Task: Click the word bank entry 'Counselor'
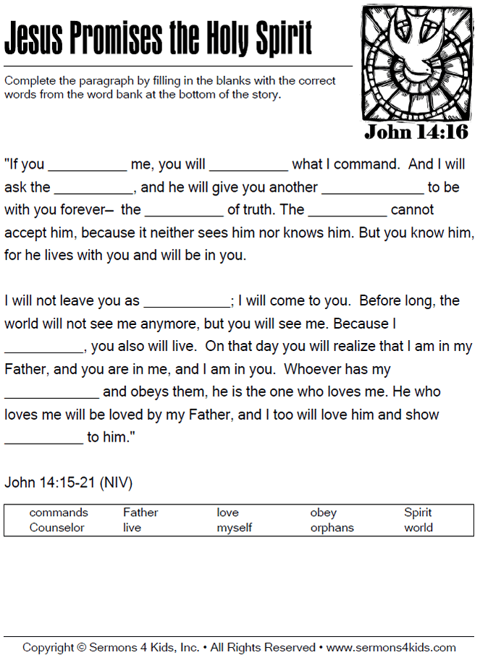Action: (x=56, y=528)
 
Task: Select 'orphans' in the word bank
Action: (x=332, y=528)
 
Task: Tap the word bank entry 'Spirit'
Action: (x=418, y=512)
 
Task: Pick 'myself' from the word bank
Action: (x=234, y=528)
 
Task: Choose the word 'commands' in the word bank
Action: (x=59, y=512)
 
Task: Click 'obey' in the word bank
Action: (x=323, y=512)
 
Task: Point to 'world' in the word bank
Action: (x=418, y=528)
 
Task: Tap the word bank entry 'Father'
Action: (x=140, y=512)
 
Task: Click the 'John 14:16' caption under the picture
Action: (x=416, y=132)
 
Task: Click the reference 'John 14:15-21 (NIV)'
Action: (x=69, y=482)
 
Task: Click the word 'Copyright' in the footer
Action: (x=49, y=647)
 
